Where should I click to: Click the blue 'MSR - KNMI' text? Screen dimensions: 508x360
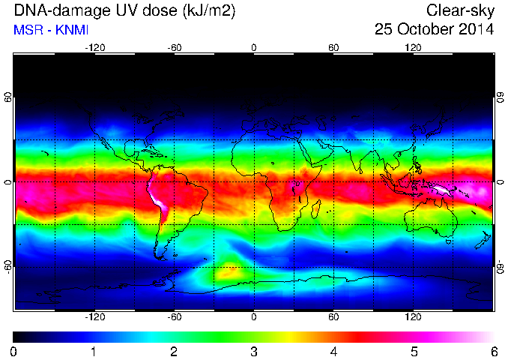tap(51, 30)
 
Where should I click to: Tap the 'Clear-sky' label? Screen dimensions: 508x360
tap(460, 10)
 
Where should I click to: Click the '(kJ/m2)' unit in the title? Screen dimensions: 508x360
tap(209, 11)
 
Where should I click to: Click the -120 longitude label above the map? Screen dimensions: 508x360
tap(95, 48)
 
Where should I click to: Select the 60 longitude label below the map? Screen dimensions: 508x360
tap(333, 316)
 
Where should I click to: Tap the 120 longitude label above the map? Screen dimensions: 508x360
tap(413, 48)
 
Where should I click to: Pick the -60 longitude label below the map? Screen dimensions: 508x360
tap(175, 316)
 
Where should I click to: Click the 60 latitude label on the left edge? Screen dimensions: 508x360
tap(7, 97)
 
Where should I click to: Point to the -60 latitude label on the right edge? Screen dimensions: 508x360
tap(501, 267)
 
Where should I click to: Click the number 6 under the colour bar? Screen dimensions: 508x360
tap(494, 352)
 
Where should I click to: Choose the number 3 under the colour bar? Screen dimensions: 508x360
tap(253, 352)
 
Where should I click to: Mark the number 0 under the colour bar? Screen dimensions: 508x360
tap(13, 352)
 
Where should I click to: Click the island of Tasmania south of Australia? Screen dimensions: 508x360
tap(448, 241)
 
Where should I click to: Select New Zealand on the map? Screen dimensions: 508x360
tap(483, 240)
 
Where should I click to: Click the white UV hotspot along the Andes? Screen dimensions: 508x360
tap(158, 201)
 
